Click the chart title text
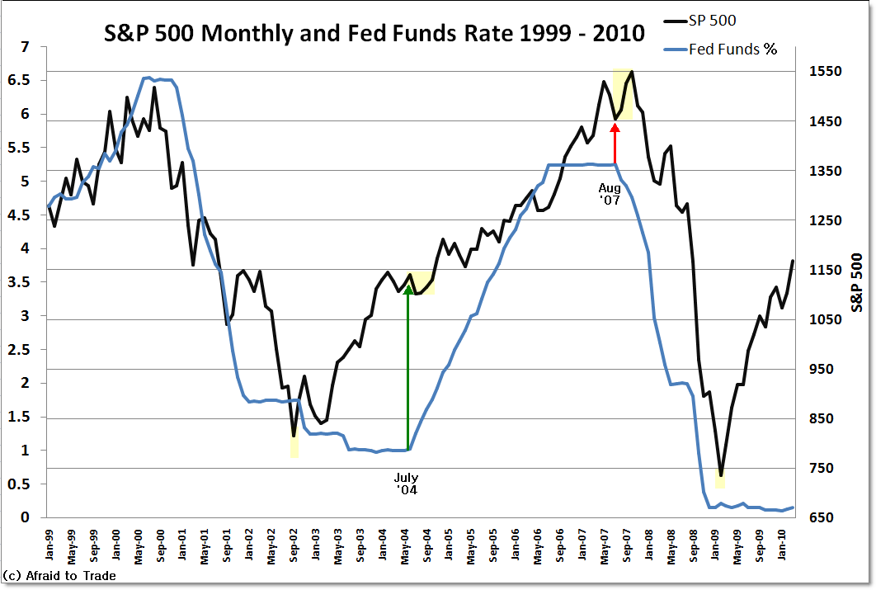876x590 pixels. [x=374, y=34]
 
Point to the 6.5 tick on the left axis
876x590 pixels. [x=19, y=81]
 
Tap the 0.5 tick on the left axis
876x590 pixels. [x=19, y=484]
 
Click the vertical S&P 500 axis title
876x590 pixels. [x=857, y=282]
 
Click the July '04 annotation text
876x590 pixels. [x=406, y=484]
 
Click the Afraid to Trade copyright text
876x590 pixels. [x=59, y=576]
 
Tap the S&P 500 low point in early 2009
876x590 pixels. [x=721, y=477]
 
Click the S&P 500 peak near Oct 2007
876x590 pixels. [x=632, y=72]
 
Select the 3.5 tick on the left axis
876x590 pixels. [x=19, y=282]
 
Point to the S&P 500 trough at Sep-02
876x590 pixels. [x=294, y=435]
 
